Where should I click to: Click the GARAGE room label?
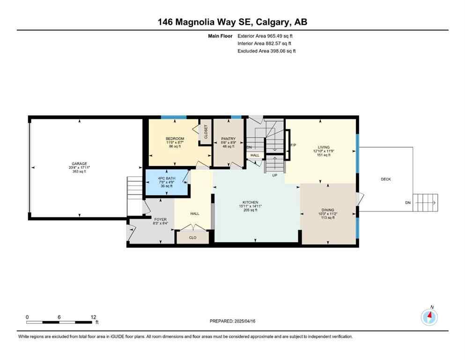[x=79, y=164]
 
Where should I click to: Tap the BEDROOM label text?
[x=175, y=139]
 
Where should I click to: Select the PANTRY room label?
[x=228, y=139]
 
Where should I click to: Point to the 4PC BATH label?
[x=166, y=179]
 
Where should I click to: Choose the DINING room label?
[x=328, y=210]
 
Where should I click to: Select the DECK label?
[x=385, y=179]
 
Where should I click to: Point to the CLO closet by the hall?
[x=192, y=238]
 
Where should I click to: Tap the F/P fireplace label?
[x=293, y=145]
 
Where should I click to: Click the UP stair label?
[x=275, y=175]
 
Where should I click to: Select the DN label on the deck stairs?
[x=407, y=202]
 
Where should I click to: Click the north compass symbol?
[x=429, y=317]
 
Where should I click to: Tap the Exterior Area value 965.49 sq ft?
[x=278, y=36]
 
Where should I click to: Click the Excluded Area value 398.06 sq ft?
[x=278, y=51]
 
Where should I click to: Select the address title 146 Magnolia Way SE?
[x=208, y=22]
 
